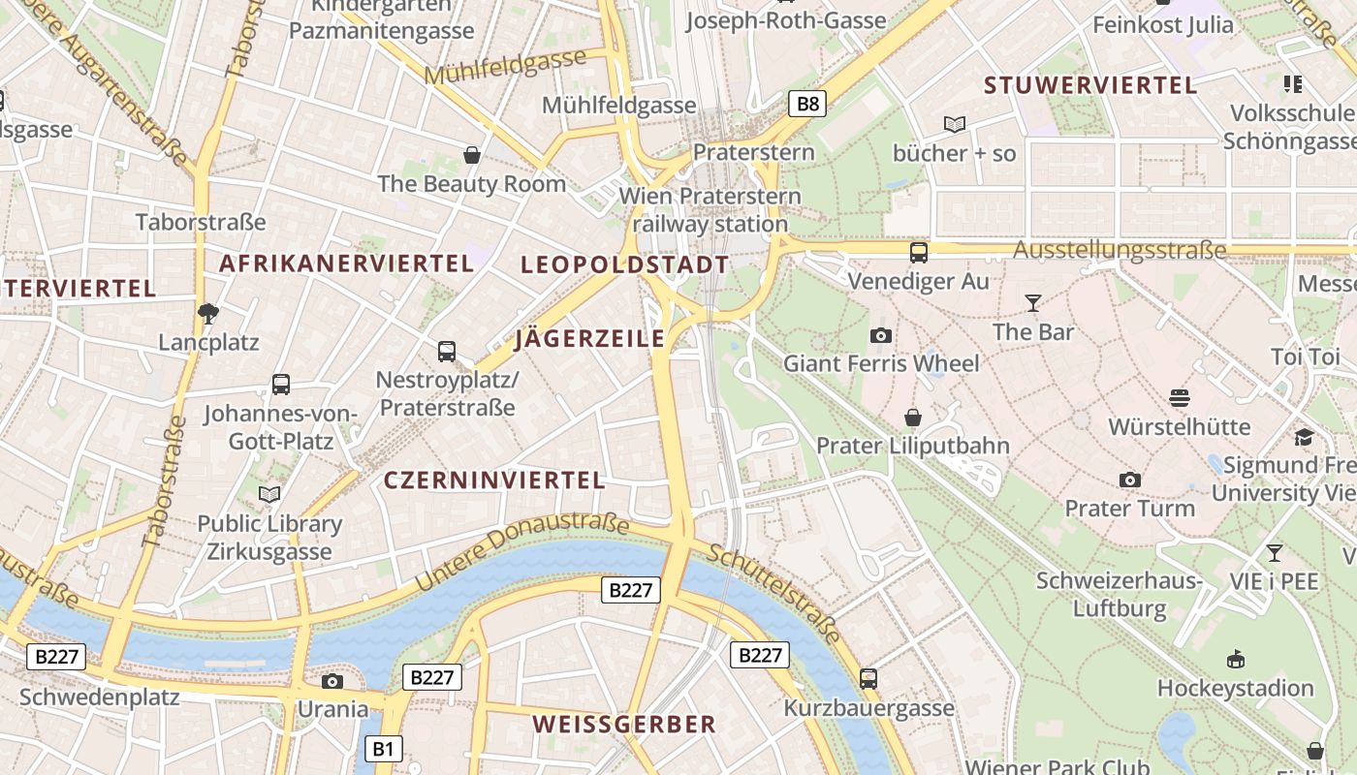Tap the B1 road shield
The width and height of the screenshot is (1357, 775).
[x=384, y=748]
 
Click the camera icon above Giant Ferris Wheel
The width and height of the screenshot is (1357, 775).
[x=880, y=335]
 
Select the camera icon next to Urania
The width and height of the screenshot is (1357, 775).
[x=332, y=681]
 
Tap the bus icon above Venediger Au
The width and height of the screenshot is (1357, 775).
[x=918, y=253]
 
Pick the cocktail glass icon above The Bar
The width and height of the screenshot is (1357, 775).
[x=1033, y=303]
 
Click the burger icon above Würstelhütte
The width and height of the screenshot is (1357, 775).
[x=1180, y=397]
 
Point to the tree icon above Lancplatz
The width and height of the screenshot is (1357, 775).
[x=207, y=313]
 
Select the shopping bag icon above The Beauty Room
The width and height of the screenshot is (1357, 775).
[x=472, y=155]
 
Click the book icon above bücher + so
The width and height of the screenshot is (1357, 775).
[x=955, y=124]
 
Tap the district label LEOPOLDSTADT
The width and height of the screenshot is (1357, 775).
[x=624, y=264]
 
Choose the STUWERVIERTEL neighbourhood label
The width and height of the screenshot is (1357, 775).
[x=1090, y=85]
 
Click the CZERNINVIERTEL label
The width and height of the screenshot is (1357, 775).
[x=494, y=480]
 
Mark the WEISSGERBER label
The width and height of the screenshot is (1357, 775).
[x=624, y=724]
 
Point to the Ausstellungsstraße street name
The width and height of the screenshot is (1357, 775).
[x=1120, y=251]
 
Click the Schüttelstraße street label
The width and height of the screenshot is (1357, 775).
[x=773, y=593]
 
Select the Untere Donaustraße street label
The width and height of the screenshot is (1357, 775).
[x=521, y=554]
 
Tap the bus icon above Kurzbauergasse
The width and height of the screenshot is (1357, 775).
[x=868, y=679]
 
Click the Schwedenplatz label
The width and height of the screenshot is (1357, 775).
[x=99, y=697]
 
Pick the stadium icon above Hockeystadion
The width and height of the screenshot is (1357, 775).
[x=1235, y=660]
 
